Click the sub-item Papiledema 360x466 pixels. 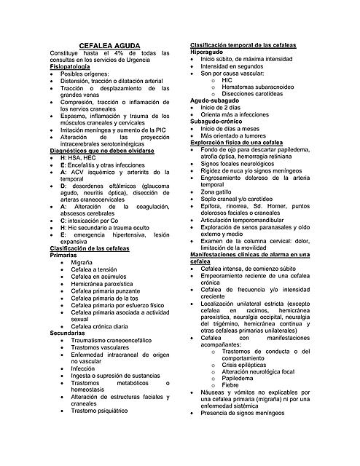click(238, 378)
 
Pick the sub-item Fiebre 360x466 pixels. click(230, 385)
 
